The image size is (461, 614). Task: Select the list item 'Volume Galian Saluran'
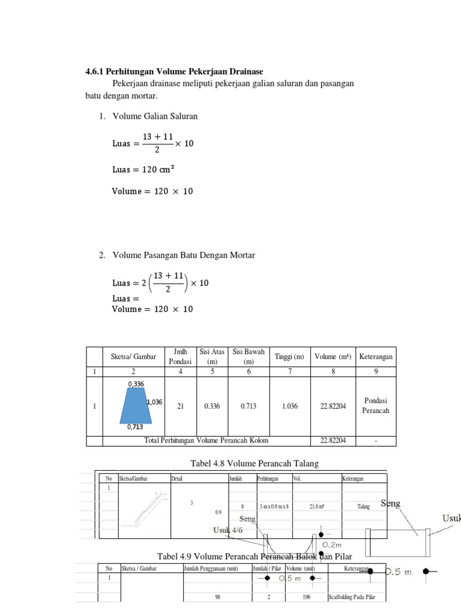(x=154, y=116)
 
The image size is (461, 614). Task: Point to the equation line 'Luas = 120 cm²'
(x=143, y=169)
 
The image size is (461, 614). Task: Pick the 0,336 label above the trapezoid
(x=136, y=383)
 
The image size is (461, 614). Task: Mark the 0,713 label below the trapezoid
(x=135, y=428)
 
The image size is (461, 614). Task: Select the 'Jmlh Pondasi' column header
(x=180, y=357)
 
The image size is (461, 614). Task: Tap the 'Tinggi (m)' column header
(x=289, y=357)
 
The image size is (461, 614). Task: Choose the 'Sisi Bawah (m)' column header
(x=249, y=357)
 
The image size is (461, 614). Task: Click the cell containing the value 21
(x=180, y=406)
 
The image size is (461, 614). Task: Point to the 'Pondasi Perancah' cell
(x=376, y=406)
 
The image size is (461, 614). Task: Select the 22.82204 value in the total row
(x=333, y=441)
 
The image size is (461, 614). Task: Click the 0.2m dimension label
(x=332, y=544)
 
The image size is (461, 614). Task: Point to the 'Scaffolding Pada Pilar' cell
(x=356, y=597)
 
